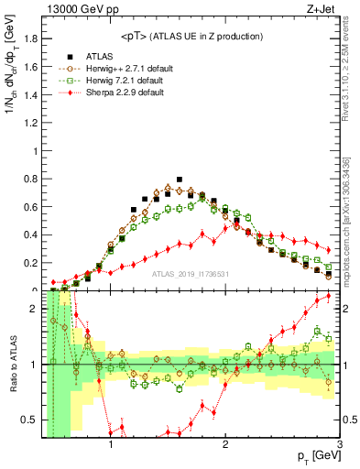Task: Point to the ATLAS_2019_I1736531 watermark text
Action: [x=191, y=274]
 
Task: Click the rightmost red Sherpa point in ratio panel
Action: [x=329, y=297]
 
